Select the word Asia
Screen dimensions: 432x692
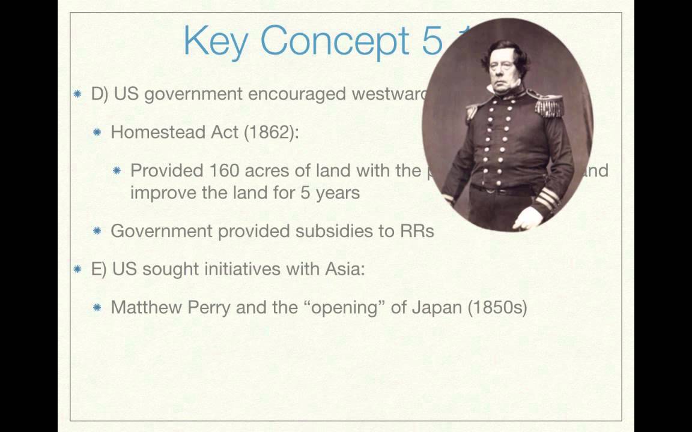coord(344,269)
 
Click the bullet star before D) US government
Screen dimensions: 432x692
coord(77,94)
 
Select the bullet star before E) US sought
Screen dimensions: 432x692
coord(77,269)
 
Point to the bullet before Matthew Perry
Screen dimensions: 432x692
coord(97,308)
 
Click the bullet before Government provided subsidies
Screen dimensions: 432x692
coord(97,232)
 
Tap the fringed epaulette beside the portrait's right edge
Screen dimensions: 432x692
coord(548,106)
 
